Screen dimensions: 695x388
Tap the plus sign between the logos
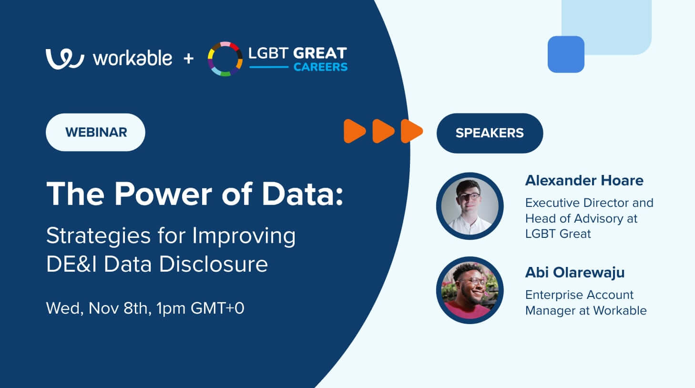coord(189,59)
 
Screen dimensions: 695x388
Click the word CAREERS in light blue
coord(320,67)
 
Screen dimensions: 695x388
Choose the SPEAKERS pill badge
coord(490,133)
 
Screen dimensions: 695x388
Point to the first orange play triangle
coord(354,131)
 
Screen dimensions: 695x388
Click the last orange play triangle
coord(411,131)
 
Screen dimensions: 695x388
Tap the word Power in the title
coord(163,194)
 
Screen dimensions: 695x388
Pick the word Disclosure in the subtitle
coord(214,264)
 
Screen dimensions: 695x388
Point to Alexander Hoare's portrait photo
coord(470,206)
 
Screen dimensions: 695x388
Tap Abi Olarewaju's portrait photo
coord(470,290)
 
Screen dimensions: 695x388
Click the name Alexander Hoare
coord(584,181)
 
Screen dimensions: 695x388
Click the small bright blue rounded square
coord(566,54)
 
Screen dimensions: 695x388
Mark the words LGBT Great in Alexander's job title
coord(558,234)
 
